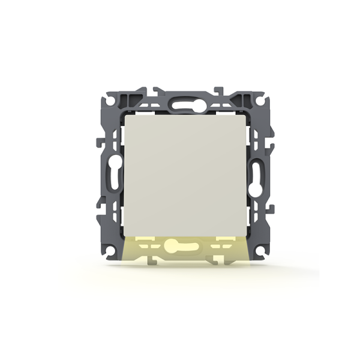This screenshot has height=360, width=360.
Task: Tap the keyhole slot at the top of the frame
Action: coord(179,103)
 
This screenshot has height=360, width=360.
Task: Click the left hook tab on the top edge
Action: coord(157,91)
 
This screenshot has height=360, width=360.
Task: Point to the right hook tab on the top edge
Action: coord(220,91)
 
